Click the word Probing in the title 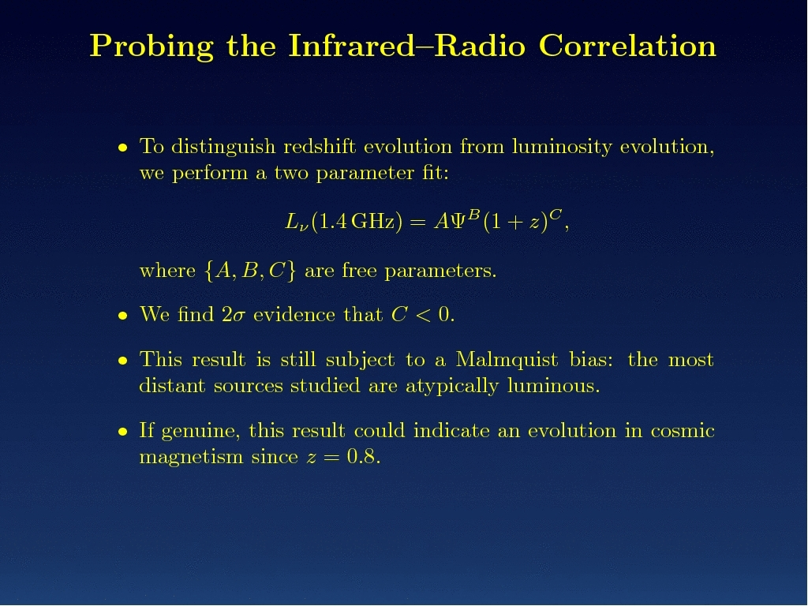(151, 47)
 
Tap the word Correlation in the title (627, 45)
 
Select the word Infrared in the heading (351, 45)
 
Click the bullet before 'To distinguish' (122, 148)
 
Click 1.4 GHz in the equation (356, 222)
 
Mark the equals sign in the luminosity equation (418, 223)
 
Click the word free (359, 270)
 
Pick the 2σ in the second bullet (234, 314)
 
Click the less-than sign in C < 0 (423, 314)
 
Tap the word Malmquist (507, 360)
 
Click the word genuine (200, 432)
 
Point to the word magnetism (191, 458)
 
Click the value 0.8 (363, 457)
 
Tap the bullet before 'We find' (122, 316)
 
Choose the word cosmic (683, 431)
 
